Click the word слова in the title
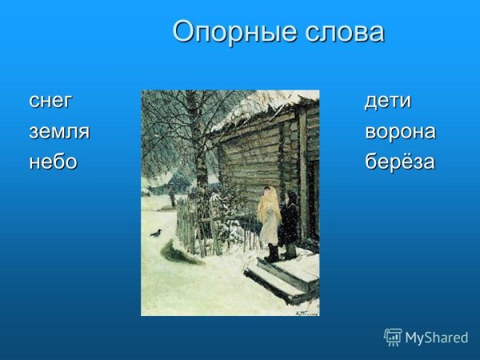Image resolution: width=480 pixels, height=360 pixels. (343, 32)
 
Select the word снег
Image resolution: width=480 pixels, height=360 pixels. (50, 102)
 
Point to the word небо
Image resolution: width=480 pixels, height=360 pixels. (53, 162)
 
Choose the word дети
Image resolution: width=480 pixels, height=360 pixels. (388, 102)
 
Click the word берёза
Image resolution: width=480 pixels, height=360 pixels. (400, 162)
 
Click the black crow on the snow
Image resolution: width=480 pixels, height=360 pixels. (155, 233)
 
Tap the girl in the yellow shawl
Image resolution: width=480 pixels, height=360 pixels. (269, 216)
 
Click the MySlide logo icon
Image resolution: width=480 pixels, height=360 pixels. (393, 337)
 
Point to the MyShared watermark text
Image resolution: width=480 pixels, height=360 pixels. (437, 338)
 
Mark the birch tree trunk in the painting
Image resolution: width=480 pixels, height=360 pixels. (192, 144)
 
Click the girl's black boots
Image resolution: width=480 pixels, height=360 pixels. (272, 254)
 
